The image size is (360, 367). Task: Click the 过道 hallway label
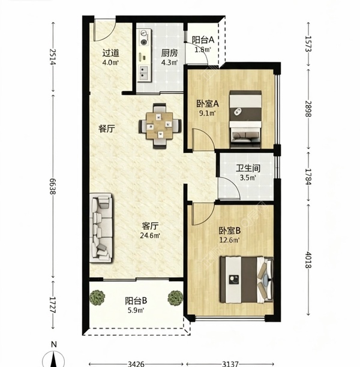[x=110, y=53]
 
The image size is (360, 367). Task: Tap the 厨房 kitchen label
[x=169, y=53]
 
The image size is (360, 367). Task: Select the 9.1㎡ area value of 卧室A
[x=207, y=113]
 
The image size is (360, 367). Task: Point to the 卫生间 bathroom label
[x=248, y=168]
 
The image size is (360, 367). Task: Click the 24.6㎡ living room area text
[x=150, y=236]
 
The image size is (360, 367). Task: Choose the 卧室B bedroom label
[x=230, y=231]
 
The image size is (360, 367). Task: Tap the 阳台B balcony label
[x=136, y=301]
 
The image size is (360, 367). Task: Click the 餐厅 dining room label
[x=107, y=128]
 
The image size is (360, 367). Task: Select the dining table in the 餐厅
[x=160, y=126]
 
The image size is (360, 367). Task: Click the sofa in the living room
[x=101, y=228]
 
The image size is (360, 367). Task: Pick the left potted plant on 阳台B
[x=97, y=297]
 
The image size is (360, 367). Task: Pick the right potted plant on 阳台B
[x=175, y=298]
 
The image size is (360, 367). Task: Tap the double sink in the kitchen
[x=143, y=73]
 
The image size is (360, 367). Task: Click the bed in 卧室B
[x=247, y=279]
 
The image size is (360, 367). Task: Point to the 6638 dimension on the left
[x=53, y=186]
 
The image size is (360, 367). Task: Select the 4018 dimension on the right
[x=308, y=260]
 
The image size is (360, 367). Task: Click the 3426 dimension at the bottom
[x=136, y=364]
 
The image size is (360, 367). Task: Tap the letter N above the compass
[x=54, y=344]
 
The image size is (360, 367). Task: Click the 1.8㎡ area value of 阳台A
[x=203, y=50]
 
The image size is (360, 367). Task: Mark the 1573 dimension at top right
[x=308, y=44]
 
